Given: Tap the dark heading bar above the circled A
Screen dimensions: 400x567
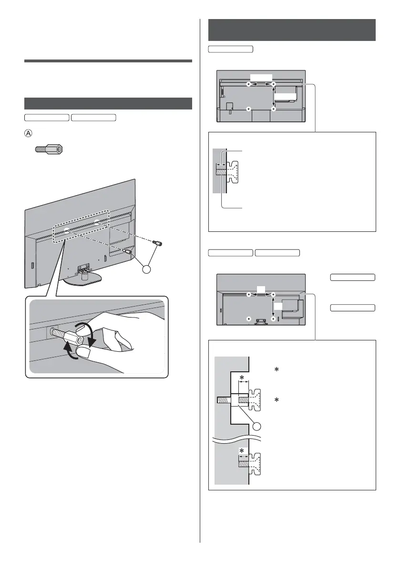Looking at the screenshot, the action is click(108, 104).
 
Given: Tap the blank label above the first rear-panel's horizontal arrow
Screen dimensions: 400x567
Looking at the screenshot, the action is click(261, 77).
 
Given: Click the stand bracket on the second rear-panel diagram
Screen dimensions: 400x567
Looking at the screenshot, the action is click(260, 320).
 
